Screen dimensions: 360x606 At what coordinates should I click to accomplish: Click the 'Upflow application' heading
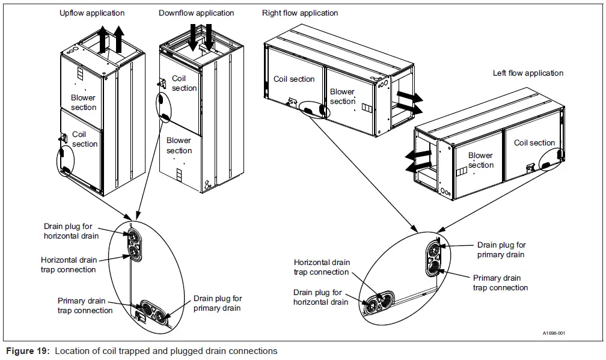click(92, 13)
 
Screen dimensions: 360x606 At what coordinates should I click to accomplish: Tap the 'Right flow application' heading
click(300, 13)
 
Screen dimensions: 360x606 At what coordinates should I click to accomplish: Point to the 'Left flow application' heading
click(528, 73)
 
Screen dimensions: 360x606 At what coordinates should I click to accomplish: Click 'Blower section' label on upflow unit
click(84, 102)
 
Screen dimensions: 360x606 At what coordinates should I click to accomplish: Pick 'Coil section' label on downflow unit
click(184, 83)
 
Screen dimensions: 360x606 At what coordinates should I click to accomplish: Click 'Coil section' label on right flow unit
click(294, 79)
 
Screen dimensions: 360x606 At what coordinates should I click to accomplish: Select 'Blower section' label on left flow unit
click(480, 160)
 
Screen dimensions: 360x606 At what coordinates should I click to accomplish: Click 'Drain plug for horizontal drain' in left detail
click(71, 231)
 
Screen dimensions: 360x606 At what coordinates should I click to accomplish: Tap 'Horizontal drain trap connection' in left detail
click(68, 265)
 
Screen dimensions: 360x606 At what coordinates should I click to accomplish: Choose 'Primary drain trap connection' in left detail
click(85, 305)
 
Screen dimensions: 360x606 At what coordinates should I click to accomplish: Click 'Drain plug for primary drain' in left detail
click(217, 303)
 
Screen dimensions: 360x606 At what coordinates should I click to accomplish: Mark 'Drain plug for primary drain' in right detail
click(501, 249)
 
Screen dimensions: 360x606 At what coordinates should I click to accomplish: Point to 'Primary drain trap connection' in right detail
click(500, 282)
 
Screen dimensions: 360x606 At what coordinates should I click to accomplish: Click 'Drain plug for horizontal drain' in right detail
click(320, 297)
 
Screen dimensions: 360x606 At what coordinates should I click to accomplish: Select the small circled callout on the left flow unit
click(551, 159)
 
